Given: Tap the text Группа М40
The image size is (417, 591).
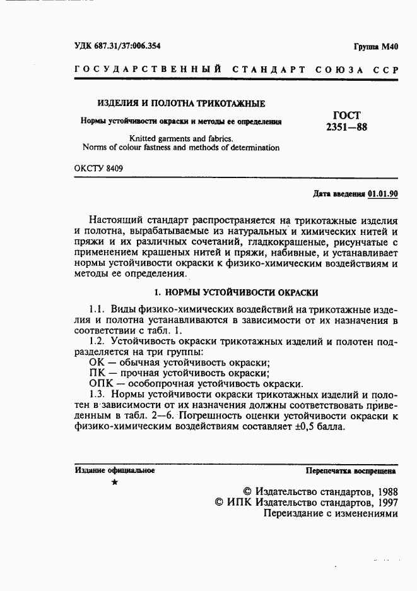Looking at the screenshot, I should pyautogui.click(x=376, y=47).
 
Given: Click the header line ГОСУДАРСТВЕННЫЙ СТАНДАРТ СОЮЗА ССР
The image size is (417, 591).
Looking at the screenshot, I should pyautogui.click(x=237, y=69).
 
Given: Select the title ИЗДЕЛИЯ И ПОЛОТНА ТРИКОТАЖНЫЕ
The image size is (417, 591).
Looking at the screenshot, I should pyautogui.click(x=180, y=104).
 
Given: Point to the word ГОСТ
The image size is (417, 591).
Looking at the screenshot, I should pyautogui.click(x=346, y=116).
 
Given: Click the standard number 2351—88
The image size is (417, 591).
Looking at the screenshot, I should pyautogui.click(x=346, y=127).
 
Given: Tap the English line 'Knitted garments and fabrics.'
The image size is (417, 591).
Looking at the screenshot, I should pyautogui.click(x=181, y=138).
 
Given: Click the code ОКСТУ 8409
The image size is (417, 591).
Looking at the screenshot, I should pyautogui.click(x=98, y=169).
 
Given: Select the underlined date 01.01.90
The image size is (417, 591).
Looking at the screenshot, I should pyautogui.click(x=382, y=194).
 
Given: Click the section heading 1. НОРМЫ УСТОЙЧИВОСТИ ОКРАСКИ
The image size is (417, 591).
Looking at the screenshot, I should pyautogui.click(x=237, y=292).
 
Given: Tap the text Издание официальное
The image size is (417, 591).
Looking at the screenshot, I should pyautogui.click(x=114, y=470).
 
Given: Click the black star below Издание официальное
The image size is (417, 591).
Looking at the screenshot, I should pyautogui.click(x=114, y=482).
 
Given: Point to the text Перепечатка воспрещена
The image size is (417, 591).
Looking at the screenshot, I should pyautogui.click(x=351, y=470).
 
